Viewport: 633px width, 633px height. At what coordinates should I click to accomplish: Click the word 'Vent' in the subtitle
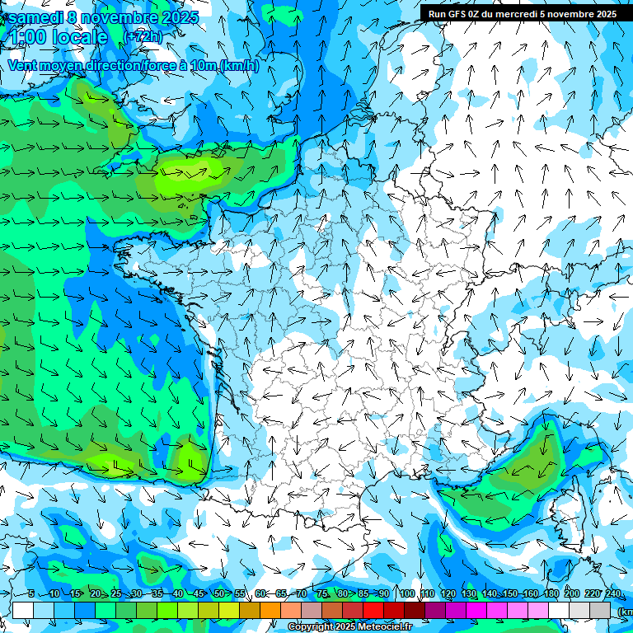point(24,65)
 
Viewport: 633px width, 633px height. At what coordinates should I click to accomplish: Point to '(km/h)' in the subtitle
point(239,65)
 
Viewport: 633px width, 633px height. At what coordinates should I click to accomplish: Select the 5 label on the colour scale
point(30,594)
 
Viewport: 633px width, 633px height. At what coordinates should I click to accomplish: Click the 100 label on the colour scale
point(406,594)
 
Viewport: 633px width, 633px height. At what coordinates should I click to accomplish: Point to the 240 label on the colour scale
point(613,594)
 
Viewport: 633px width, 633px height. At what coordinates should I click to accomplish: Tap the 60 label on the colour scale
point(260,594)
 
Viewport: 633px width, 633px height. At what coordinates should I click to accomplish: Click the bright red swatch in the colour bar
point(373,610)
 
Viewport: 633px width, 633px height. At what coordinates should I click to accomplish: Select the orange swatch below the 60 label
point(250,610)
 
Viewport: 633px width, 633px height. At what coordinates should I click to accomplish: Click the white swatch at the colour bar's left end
point(23,610)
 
